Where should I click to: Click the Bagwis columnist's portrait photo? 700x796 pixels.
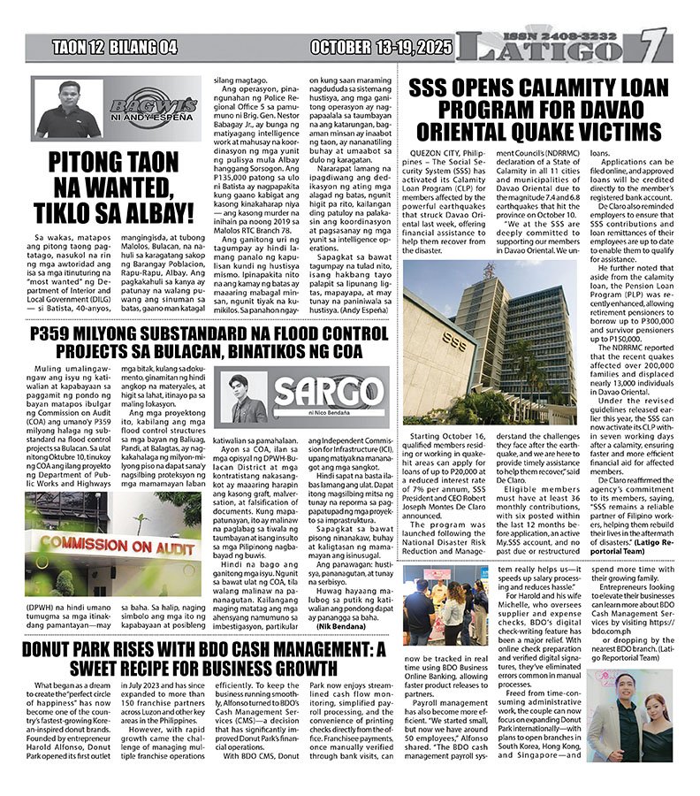point(67,110)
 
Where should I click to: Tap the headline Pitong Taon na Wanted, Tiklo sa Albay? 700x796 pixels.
point(114,188)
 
